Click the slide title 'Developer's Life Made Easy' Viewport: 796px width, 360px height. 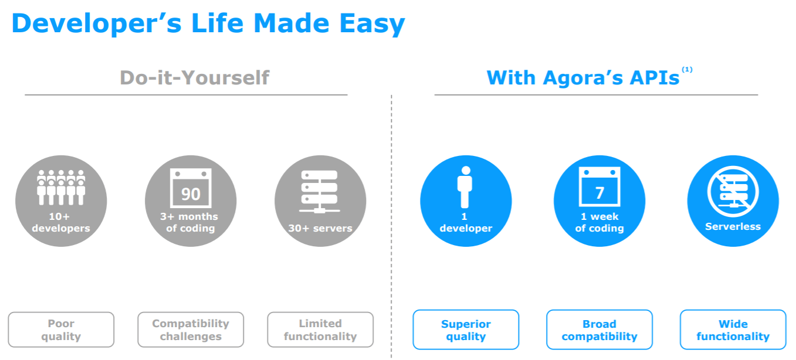pyautogui.click(x=208, y=23)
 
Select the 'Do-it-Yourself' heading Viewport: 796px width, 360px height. pyautogui.click(x=194, y=77)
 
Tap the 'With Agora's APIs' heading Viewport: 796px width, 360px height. pyautogui.click(x=583, y=77)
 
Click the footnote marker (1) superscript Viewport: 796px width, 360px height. pyautogui.click(x=687, y=69)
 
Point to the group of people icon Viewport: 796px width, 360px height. pyautogui.click(x=61, y=187)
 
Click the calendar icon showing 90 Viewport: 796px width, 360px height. pyautogui.click(x=191, y=188)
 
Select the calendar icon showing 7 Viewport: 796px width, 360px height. pyautogui.click(x=599, y=187)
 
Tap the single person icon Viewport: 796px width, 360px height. pyautogui.click(x=465, y=187)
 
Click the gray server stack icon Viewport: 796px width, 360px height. pyautogui.click(x=320, y=192)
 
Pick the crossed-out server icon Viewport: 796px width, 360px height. pyautogui.click(x=733, y=191)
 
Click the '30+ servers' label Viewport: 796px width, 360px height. pyautogui.click(x=320, y=228)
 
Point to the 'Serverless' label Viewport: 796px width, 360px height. pyautogui.click(x=733, y=226)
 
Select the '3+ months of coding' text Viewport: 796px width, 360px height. pyautogui.click(x=189, y=222)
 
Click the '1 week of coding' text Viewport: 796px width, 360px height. pyautogui.click(x=599, y=222)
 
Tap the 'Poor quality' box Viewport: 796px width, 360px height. pyautogui.click(x=61, y=330)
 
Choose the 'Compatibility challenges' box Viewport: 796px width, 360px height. pyautogui.click(x=191, y=330)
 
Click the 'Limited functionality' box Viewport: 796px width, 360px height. pyautogui.click(x=320, y=330)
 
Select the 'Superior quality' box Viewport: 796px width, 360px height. pyautogui.click(x=466, y=330)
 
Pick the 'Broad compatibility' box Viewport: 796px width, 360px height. pyautogui.click(x=599, y=330)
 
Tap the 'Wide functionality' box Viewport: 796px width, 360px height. pyautogui.click(x=733, y=330)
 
